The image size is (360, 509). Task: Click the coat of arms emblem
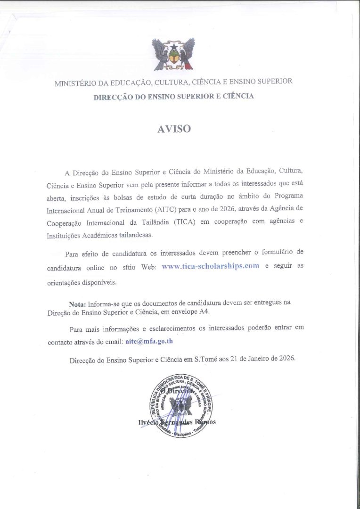(x=174, y=54)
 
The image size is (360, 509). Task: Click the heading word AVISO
(x=174, y=129)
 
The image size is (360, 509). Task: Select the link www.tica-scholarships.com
(x=210, y=266)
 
